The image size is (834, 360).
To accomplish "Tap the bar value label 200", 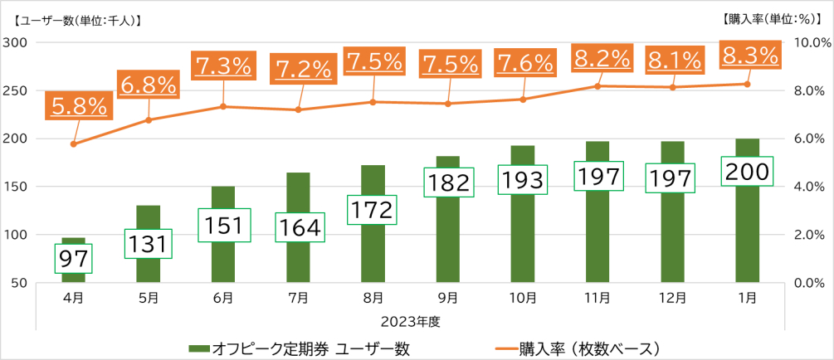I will coord(749,172).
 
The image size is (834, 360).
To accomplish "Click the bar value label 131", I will coord(149,244).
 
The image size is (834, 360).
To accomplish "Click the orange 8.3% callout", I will coord(750,56).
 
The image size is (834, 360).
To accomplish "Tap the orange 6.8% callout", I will coord(149,85).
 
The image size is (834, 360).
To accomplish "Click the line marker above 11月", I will coord(598,86).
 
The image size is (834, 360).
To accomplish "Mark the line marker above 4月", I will coord(74,144).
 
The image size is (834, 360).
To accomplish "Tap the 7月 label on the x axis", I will coord(298,298).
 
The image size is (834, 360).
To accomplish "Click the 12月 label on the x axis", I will coord(673,298).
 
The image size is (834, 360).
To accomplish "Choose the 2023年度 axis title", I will coord(411,320).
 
